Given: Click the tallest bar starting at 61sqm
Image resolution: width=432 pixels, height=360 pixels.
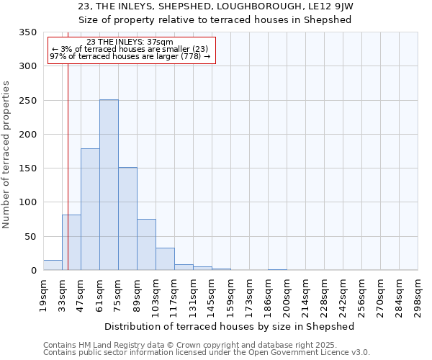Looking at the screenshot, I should [x=109, y=185].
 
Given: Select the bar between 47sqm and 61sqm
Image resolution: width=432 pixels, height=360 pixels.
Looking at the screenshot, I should [x=90, y=210].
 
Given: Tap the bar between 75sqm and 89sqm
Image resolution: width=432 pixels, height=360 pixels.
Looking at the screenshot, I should [x=127, y=219].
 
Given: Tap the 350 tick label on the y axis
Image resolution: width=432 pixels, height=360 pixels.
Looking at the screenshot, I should [x=27, y=32].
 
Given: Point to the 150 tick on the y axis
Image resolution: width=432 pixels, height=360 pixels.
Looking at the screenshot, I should [x=27, y=168].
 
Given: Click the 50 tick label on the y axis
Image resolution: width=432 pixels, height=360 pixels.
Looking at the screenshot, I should [x=30, y=237].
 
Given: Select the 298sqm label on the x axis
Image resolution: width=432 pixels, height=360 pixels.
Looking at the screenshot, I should [x=418, y=296].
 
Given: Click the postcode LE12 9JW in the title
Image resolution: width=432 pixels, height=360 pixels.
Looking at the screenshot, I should [x=338, y=6].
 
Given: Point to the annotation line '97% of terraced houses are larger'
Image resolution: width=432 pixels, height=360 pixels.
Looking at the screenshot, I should [x=130, y=57].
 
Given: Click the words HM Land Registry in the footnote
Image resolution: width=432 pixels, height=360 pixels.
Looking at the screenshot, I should [x=97, y=345].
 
